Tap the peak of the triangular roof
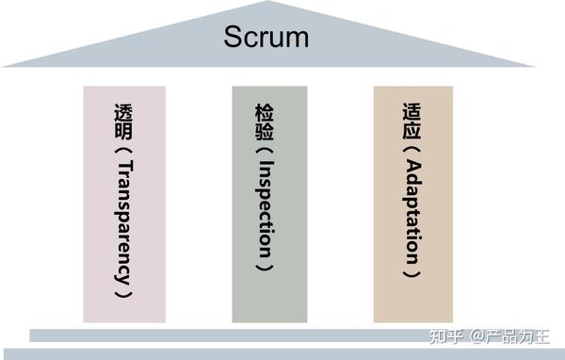[269, 4]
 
